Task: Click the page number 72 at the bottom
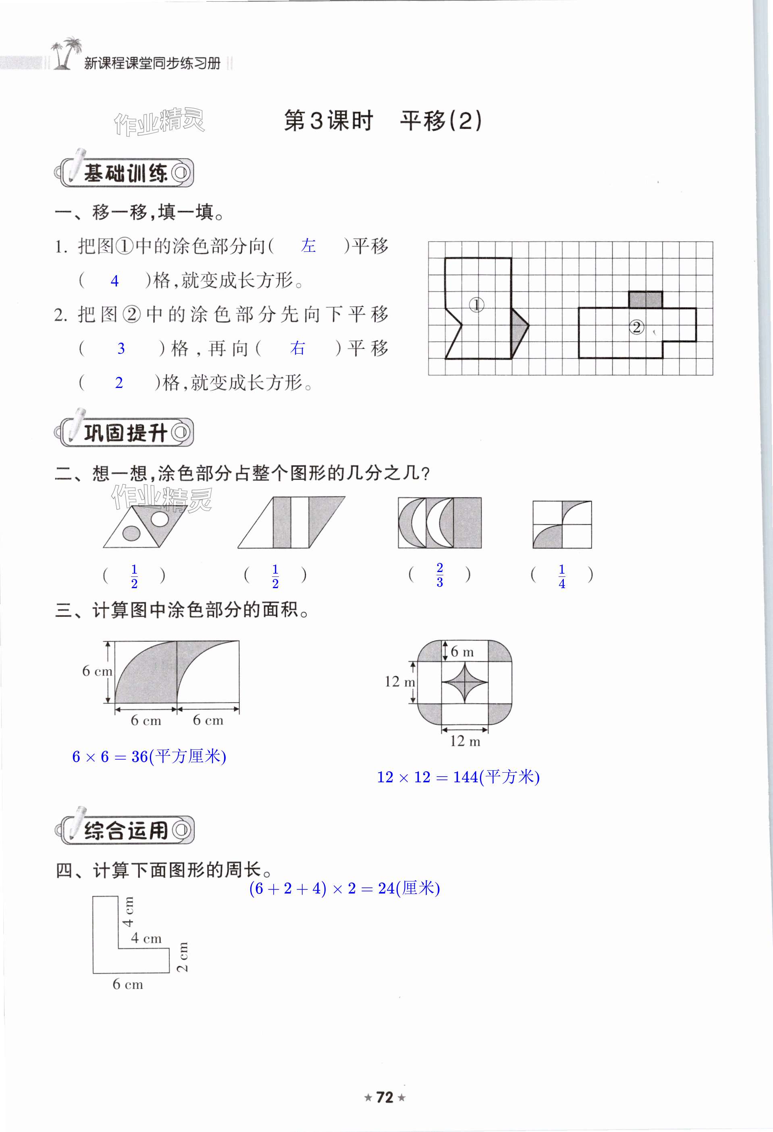[384, 1097]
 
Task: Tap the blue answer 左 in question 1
[308, 246]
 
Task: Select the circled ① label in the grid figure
[476, 305]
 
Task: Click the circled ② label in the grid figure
[636, 327]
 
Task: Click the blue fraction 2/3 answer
[440, 575]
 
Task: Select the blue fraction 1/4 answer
[561, 576]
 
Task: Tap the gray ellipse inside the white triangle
[131, 534]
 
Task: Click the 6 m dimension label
[461, 652]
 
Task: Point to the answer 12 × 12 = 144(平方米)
[458, 777]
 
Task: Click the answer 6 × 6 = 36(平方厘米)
[149, 757]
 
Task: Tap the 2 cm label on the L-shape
[182, 957]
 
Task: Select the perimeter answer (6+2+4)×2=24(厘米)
[345, 888]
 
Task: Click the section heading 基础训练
[126, 173]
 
